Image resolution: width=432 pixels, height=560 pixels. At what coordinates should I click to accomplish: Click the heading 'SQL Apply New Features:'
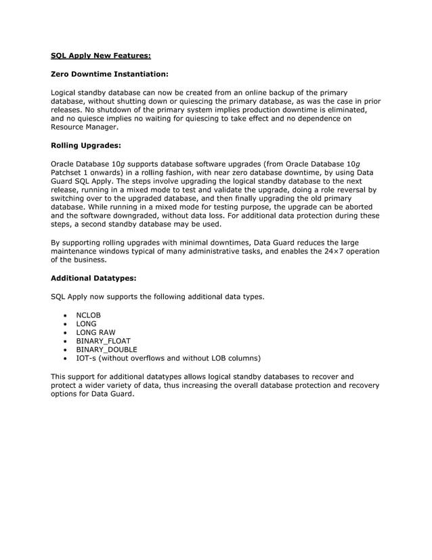click(x=101, y=56)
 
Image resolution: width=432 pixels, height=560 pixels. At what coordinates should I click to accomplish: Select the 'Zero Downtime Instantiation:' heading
click(x=110, y=73)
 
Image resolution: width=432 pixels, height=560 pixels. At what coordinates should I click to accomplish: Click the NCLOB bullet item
click(x=88, y=315)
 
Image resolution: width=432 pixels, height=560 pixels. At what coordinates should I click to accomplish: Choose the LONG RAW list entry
click(x=96, y=332)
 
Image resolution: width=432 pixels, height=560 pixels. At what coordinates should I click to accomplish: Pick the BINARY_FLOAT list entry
click(x=103, y=341)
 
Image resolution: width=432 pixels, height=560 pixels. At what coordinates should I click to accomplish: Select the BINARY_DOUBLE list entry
click(x=106, y=350)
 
